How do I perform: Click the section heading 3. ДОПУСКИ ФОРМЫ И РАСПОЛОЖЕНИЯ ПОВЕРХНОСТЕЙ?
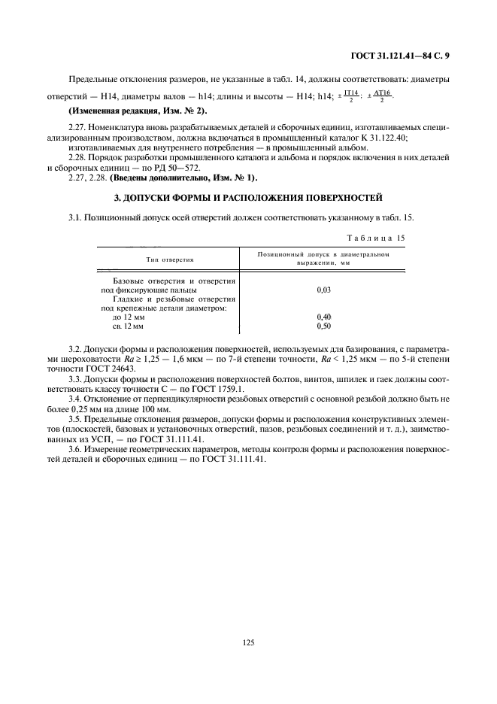tap(248, 198)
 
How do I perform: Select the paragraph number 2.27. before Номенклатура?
tap(77, 129)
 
